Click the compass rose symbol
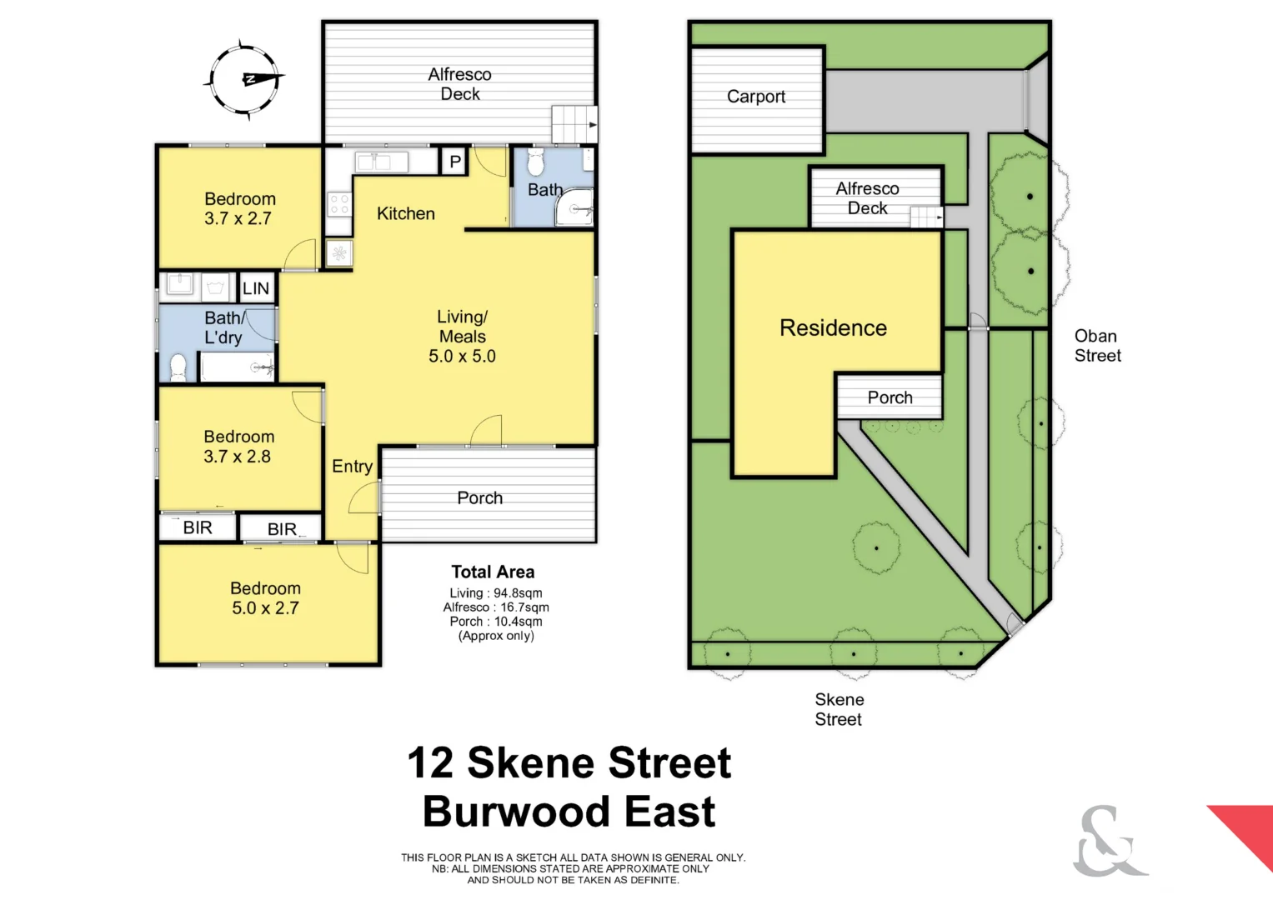[x=243, y=79]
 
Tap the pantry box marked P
[x=455, y=162]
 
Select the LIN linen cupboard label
[x=256, y=288]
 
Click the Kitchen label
[x=406, y=213]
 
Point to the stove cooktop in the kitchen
[x=338, y=205]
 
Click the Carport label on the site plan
[x=756, y=97]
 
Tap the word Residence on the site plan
[x=833, y=328]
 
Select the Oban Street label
[x=1097, y=346]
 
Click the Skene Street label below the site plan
[x=839, y=709]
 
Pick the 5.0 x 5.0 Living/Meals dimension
[x=462, y=357]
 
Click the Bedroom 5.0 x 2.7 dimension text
[x=265, y=608]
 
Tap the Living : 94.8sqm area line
[x=496, y=593]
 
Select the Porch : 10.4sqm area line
[x=496, y=622]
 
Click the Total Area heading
[x=493, y=572]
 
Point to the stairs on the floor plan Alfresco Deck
[x=574, y=124]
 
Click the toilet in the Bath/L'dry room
[x=178, y=367]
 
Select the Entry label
[x=352, y=467]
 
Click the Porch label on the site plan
[x=890, y=397]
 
